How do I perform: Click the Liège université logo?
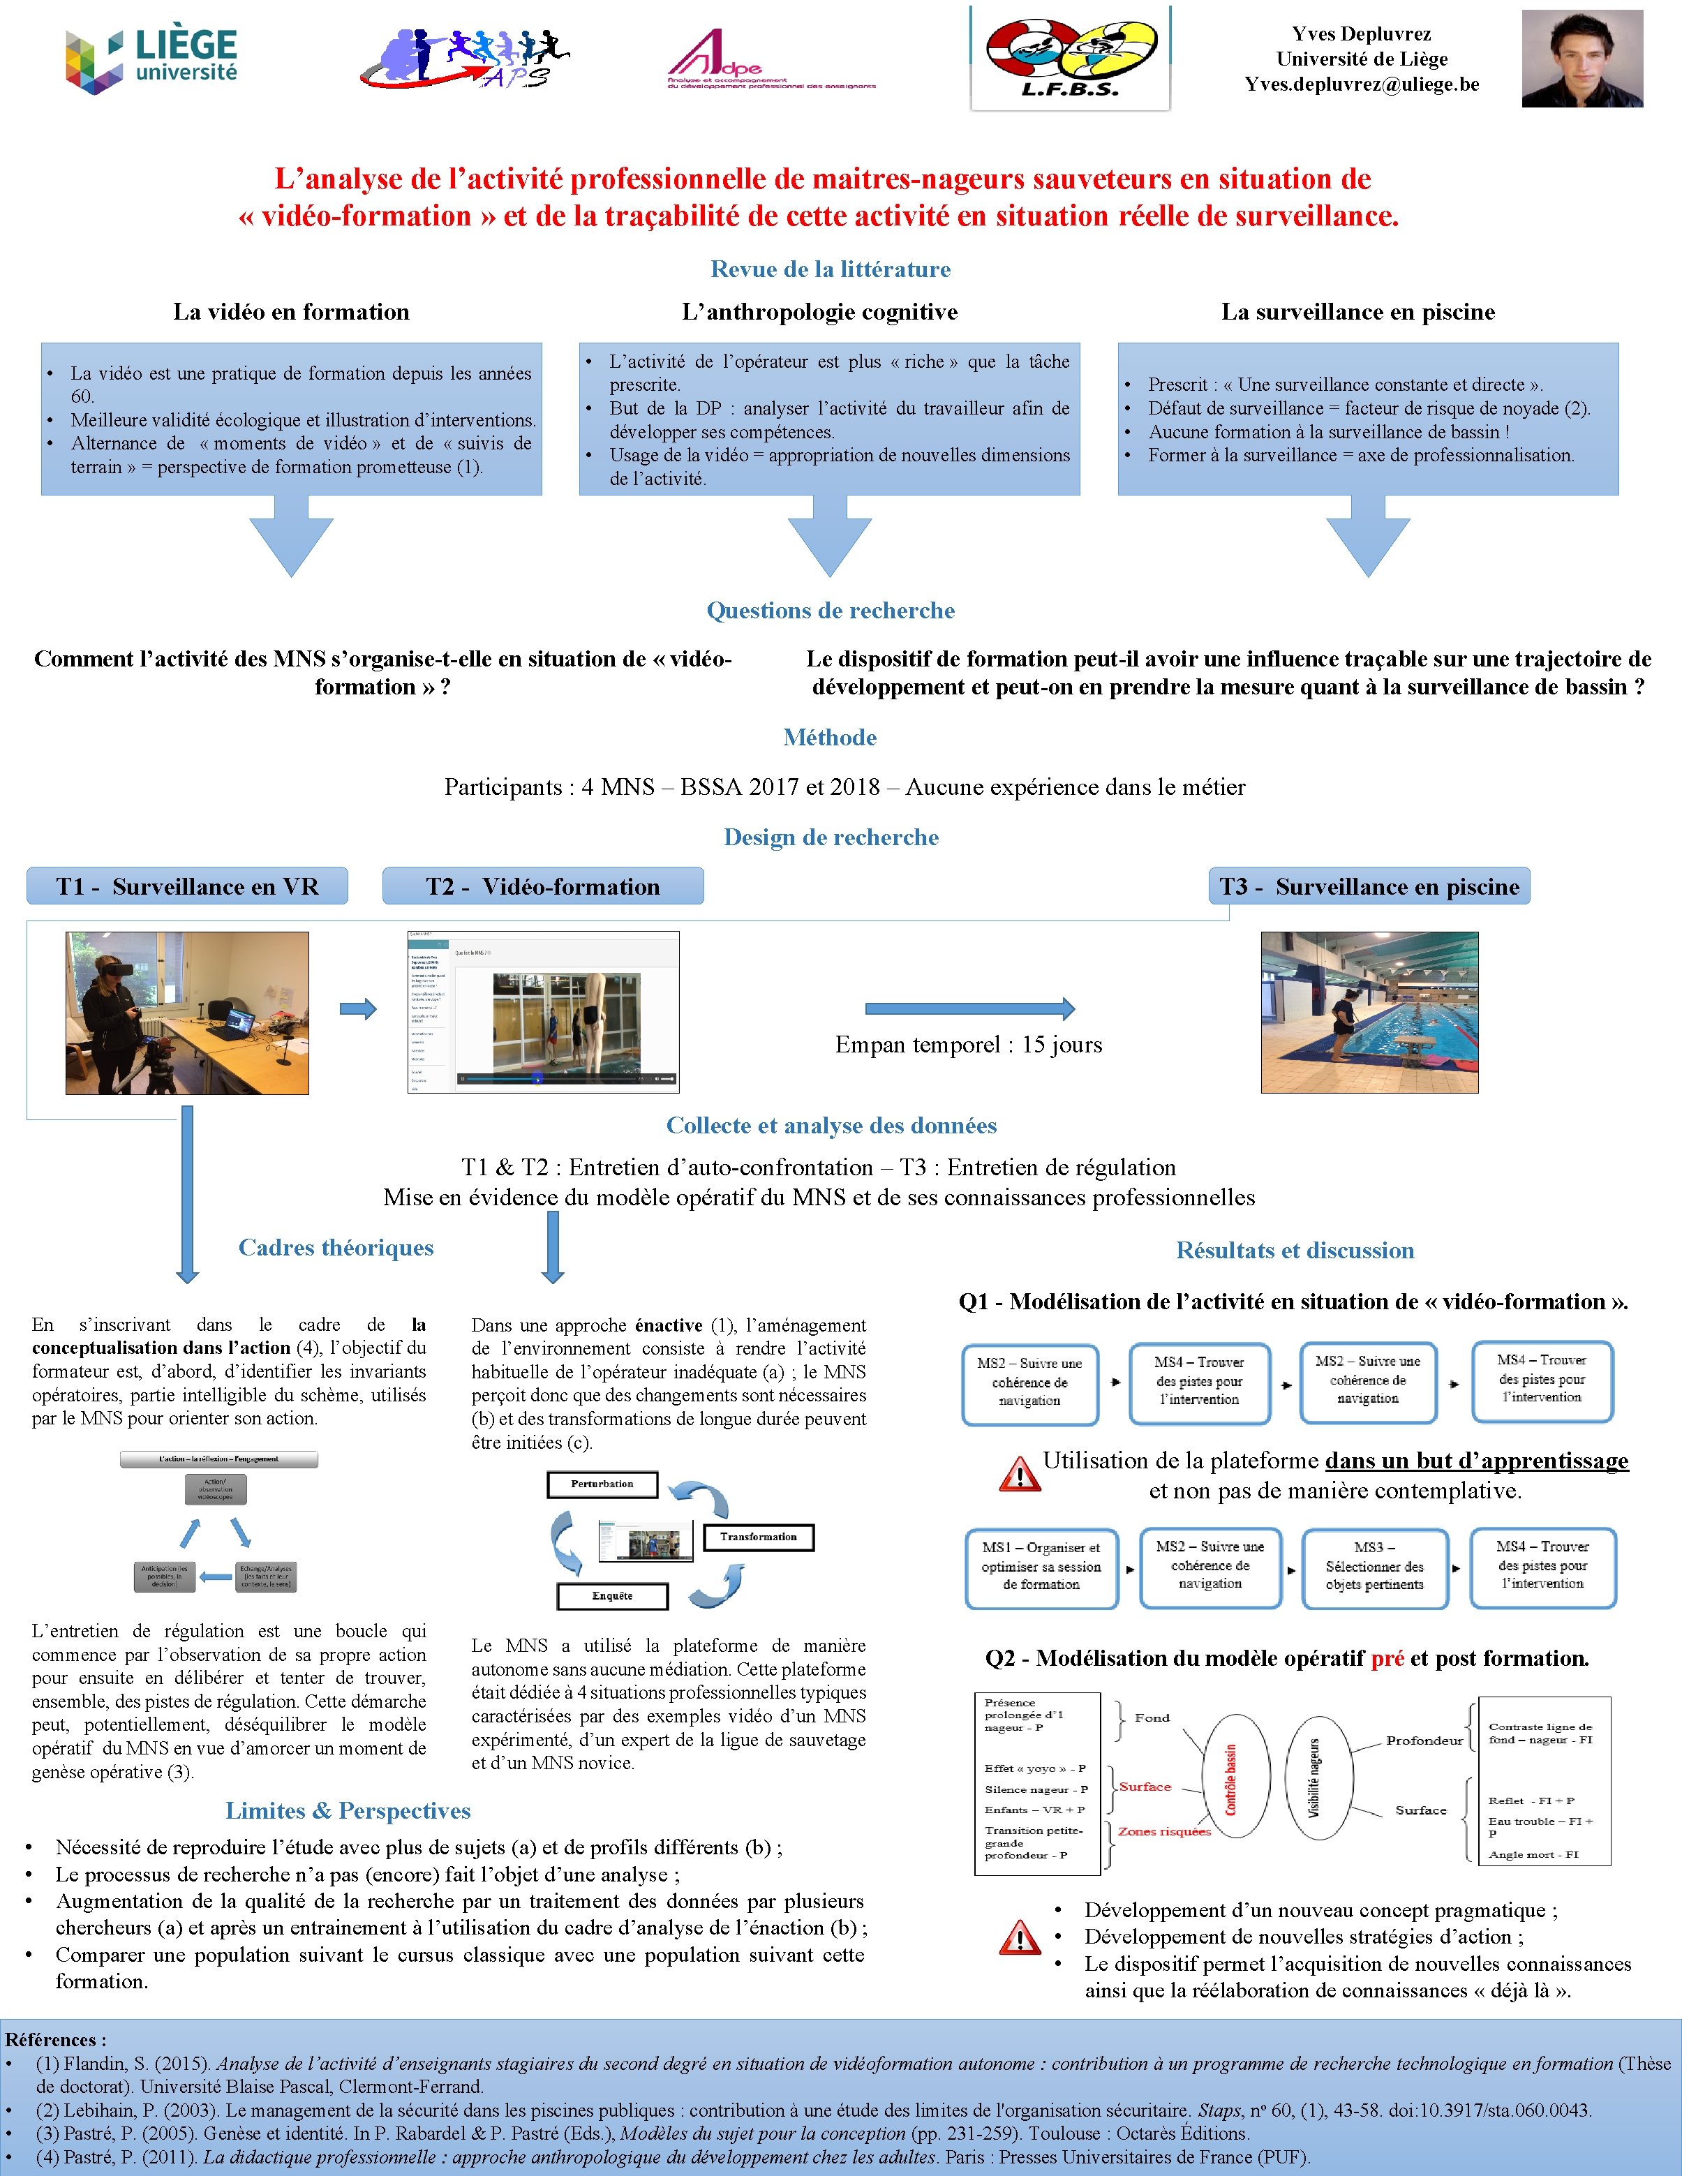pos(151,60)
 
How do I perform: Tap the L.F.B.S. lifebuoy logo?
pos(1070,58)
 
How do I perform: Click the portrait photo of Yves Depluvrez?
pos(1581,59)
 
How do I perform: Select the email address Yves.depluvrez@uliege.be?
pos(1361,84)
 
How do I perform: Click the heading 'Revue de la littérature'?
pos(830,269)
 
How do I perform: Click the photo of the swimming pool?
pos(1369,1012)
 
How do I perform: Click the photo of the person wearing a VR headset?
pos(187,1012)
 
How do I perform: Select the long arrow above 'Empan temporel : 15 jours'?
pos(969,1008)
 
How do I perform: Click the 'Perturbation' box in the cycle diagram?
pos(603,1484)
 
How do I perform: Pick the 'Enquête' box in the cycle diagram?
pos(612,1595)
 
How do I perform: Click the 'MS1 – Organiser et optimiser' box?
pos(1041,1565)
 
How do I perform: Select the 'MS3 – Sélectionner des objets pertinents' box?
pos(1374,1566)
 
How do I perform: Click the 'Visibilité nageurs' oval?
pos(1316,1778)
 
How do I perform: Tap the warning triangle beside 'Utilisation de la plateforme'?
pos(1018,1474)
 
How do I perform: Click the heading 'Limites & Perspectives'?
pos(348,1810)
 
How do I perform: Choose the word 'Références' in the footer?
pos(53,2039)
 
